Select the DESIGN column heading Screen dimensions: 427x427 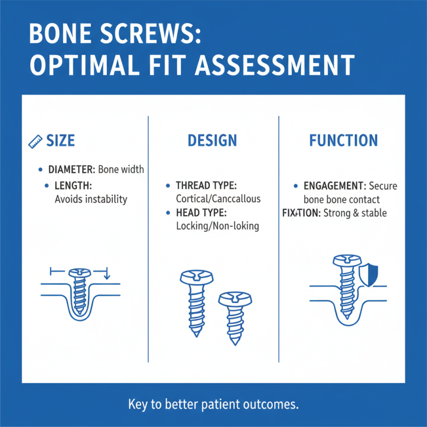(212, 141)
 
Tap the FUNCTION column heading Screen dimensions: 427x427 (343, 141)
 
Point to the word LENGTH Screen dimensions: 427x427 (74, 186)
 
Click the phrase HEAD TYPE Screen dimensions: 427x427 (201, 213)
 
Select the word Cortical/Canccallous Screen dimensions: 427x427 (218, 199)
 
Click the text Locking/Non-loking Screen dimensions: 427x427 (217, 226)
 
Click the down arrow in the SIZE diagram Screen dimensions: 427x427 (107, 275)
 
